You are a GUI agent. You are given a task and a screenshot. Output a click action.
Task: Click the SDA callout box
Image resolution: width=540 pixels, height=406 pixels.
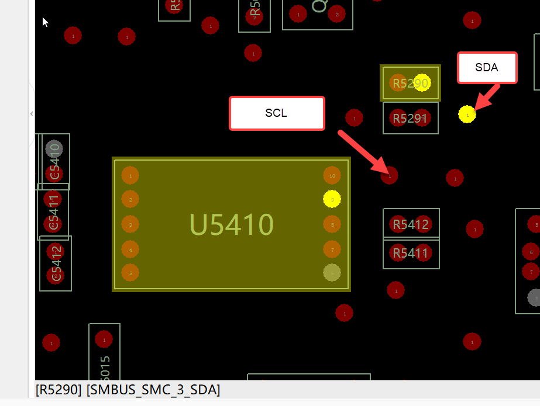point(487,68)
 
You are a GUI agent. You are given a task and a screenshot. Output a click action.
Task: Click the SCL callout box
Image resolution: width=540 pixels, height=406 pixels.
point(276,113)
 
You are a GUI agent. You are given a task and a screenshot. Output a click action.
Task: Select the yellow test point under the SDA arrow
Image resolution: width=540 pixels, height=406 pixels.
point(467,114)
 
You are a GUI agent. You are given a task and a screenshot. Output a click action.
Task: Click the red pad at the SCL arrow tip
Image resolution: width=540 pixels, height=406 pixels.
point(390,175)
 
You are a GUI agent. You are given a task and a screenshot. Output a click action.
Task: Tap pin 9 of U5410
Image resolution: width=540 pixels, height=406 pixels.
point(332,199)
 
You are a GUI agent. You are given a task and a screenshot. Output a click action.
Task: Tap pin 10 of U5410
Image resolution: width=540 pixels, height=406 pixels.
point(332,175)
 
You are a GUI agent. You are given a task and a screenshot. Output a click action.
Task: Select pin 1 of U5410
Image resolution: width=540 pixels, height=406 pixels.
point(130,175)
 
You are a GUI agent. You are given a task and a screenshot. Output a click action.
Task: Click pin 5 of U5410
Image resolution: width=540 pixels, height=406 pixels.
point(130,273)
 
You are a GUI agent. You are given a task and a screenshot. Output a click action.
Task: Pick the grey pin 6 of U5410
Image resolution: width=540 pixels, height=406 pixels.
point(332,273)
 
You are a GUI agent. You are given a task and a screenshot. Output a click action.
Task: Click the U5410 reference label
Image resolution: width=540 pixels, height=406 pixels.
point(232,224)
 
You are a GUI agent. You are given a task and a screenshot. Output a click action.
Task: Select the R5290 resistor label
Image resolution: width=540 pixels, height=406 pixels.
point(410,84)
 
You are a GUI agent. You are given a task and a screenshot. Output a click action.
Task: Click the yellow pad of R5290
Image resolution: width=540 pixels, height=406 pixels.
point(422,83)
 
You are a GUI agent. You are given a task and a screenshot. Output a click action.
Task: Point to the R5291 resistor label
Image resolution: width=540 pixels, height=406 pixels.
point(410,119)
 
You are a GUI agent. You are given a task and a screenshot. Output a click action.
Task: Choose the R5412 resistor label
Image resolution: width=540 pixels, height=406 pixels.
point(410,224)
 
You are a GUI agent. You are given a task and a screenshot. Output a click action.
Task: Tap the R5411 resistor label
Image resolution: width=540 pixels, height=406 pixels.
point(410,254)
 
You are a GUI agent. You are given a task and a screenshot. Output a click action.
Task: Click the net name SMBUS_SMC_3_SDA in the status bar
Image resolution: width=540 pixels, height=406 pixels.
point(153,390)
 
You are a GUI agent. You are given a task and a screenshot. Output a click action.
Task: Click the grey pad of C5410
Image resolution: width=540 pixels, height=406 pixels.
point(54,148)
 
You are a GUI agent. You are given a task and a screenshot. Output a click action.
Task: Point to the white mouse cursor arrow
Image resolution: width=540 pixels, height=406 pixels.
point(44,22)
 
